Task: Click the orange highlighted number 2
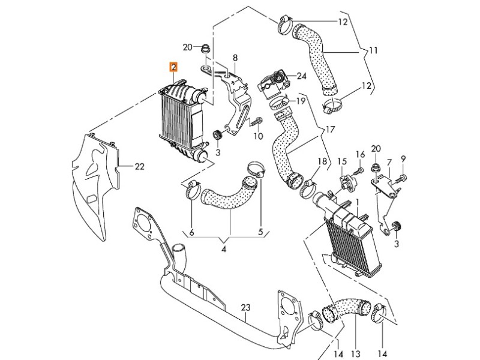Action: tap(173, 67)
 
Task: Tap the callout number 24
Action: tap(301, 76)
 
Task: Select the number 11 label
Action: tap(373, 51)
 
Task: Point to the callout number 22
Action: tap(139, 167)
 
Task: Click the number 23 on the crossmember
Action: tap(245, 308)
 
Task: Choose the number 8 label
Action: tap(235, 58)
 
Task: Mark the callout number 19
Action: tap(301, 101)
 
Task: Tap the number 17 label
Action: tap(330, 129)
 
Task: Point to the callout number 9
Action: tap(403, 158)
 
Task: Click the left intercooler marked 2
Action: tap(180, 116)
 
